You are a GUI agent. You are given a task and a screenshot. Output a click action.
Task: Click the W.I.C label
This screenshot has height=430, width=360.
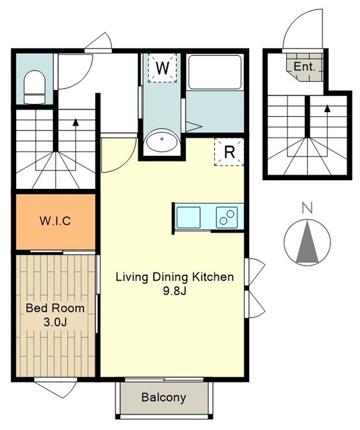pyautogui.click(x=55, y=221)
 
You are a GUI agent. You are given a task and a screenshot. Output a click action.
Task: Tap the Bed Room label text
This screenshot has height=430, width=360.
pyautogui.click(x=55, y=308)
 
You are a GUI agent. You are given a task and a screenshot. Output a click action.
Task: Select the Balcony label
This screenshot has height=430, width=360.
pyautogui.click(x=164, y=397)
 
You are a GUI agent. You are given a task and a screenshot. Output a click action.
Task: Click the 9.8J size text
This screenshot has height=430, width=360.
pyautogui.click(x=175, y=291)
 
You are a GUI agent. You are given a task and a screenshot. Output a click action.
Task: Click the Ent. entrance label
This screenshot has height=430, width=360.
pyautogui.click(x=304, y=67)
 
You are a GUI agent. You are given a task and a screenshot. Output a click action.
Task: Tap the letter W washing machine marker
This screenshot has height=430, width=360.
pyautogui.click(x=163, y=68)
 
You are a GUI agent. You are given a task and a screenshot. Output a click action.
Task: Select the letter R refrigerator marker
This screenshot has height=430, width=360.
pyautogui.click(x=229, y=152)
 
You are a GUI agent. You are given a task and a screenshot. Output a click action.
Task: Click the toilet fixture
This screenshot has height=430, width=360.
pyautogui.click(x=34, y=87)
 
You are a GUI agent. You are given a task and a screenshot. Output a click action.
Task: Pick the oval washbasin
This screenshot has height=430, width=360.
pyautogui.click(x=162, y=142)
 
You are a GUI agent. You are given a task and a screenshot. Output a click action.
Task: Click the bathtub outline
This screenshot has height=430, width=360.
pyautogui.click(x=215, y=72)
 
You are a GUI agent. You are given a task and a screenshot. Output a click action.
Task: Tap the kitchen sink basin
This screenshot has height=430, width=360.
pyautogui.click(x=188, y=218)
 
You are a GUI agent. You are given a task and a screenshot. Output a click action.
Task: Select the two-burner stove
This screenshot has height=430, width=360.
pyautogui.click(x=227, y=218)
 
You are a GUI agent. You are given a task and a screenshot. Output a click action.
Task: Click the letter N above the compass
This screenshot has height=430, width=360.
pyautogui.click(x=307, y=208)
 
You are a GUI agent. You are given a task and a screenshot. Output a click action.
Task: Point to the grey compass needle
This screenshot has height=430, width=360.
pyautogui.click(x=307, y=242)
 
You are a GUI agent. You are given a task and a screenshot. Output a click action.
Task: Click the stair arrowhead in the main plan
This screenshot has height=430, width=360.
pyautogui.click(x=76, y=122)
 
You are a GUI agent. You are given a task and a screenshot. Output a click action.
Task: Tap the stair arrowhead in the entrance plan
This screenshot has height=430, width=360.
pyautogui.click(x=327, y=109)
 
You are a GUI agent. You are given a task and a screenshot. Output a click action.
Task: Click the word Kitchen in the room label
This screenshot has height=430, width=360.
pyautogui.click(x=213, y=277)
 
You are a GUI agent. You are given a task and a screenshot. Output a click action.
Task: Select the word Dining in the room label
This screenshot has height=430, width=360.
pyautogui.click(x=170, y=277)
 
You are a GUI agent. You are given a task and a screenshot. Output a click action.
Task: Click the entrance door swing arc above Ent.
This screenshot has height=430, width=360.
pyautogui.click(x=292, y=21)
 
